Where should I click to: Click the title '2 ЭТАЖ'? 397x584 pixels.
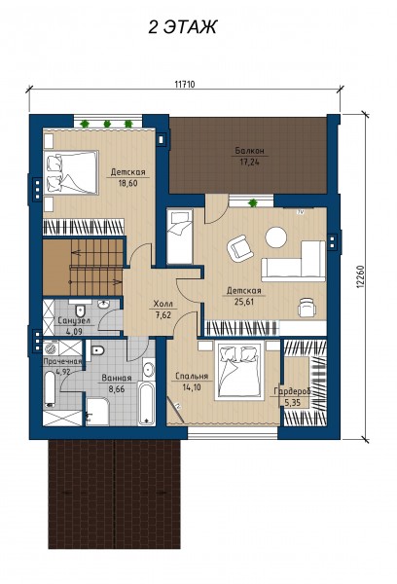pyautogui.click(x=182, y=27)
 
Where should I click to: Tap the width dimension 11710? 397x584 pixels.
pyautogui.click(x=185, y=84)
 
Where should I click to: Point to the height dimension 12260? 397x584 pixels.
pyautogui.click(x=360, y=276)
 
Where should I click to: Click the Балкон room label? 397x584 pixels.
pyautogui.click(x=249, y=151)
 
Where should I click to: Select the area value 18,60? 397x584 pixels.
pyautogui.click(x=127, y=183)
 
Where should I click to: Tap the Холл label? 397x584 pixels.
pyautogui.click(x=163, y=304)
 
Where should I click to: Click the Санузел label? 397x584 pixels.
pyautogui.click(x=74, y=320)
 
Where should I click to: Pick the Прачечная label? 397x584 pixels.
pyautogui.click(x=62, y=361)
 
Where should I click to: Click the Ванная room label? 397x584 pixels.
pyautogui.click(x=117, y=378)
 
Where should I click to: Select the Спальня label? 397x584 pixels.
pyautogui.click(x=192, y=376)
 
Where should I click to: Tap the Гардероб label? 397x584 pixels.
pyautogui.click(x=292, y=391)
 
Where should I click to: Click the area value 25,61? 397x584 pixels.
pyautogui.click(x=244, y=302)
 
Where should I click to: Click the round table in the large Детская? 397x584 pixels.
pyautogui.click(x=276, y=237)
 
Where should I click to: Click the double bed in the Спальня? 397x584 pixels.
pyautogui.click(x=239, y=372)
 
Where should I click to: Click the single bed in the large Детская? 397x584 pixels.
pyautogui.click(x=179, y=237)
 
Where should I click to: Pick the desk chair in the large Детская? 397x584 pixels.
pyautogui.click(x=307, y=308)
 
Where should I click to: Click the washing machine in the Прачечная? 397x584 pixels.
pyautogui.click(x=51, y=347)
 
